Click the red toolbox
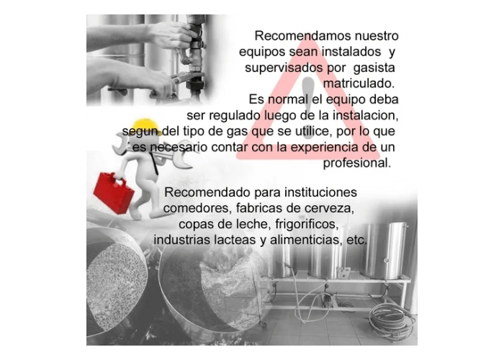pos(113,193)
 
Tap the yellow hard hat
pos(147,127)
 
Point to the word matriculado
pos(359,84)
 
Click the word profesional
pos(357,163)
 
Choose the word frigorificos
pos(307,224)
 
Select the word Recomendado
pos(207,192)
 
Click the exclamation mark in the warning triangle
pos(308,108)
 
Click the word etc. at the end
pos(357,240)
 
